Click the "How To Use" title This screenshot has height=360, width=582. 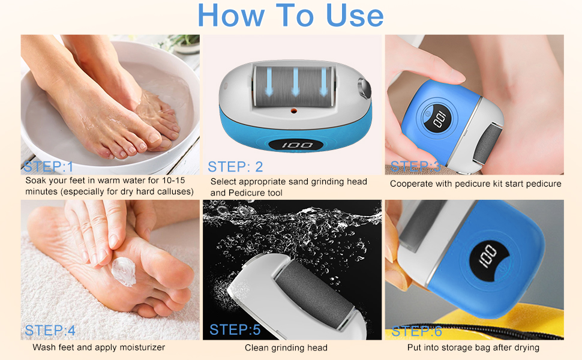pyautogui.click(x=290, y=16)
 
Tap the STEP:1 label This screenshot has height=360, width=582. pyautogui.click(x=48, y=166)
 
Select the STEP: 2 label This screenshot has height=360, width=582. pyautogui.click(x=235, y=166)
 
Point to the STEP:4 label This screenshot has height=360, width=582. pyautogui.click(x=50, y=331)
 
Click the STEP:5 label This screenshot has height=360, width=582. pyautogui.click(x=235, y=329)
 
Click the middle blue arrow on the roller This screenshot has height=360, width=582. pyautogui.click(x=295, y=80)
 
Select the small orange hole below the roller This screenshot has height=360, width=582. pyautogui.click(x=293, y=111)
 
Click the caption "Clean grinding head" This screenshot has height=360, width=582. pyautogui.click(x=286, y=347)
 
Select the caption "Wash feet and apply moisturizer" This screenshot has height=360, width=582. pyautogui.click(x=98, y=347)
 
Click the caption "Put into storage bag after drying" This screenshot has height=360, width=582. pyautogui.click(x=473, y=347)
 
